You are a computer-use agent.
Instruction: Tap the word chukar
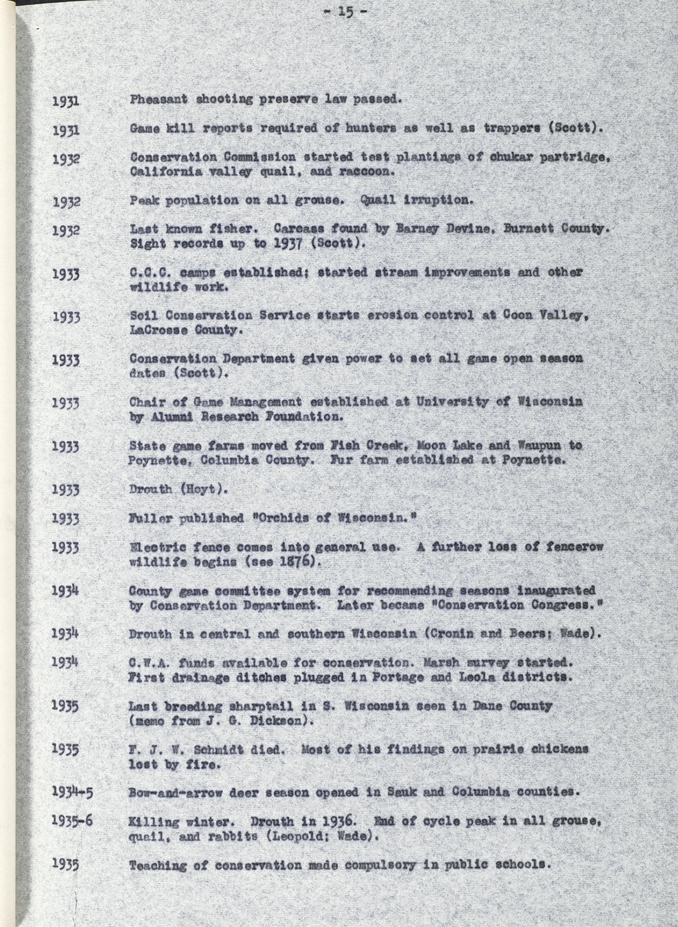click(509, 157)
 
